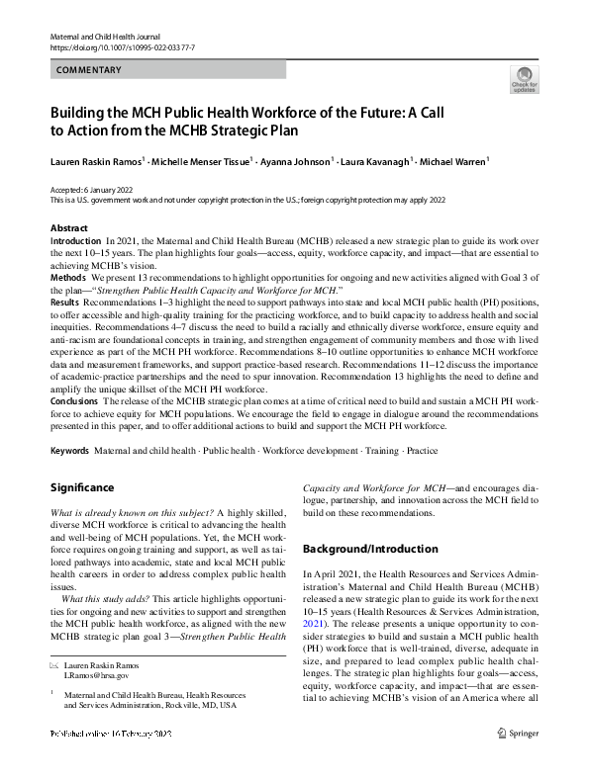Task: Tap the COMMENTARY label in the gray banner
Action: [89, 70]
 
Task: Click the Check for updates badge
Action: [523, 79]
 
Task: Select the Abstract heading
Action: [68, 228]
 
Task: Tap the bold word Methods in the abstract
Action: [68, 279]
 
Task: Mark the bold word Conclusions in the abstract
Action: [75, 401]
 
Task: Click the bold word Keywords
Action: [70, 450]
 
